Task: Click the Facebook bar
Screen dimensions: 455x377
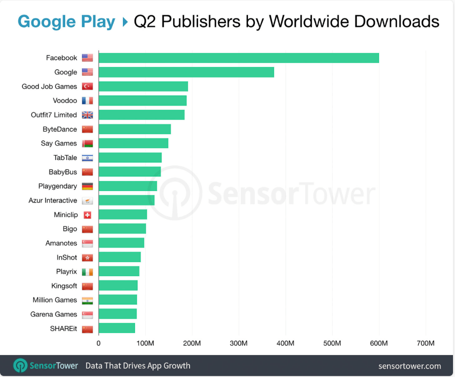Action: click(x=239, y=58)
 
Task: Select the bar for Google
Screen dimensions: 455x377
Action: click(x=186, y=72)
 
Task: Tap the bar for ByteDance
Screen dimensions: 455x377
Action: click(x=135, y=129)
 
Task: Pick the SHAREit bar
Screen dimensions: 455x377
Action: click(x=117, y=328)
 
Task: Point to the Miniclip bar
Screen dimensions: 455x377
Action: click(x=123, y=214)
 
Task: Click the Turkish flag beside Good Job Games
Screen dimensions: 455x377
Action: click(x=87, y=86)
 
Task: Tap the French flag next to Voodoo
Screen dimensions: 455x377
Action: click(x=87, y=100)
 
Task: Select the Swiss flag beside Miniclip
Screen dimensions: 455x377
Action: click(x=87, y=215)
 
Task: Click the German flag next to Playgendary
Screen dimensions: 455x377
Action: click(x=87, y=186)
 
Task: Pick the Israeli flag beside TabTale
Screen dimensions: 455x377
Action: click(x=87, y=157)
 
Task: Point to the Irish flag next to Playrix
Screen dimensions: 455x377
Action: click(x=87, y=271)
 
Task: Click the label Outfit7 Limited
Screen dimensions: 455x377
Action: click(x=54, y=115)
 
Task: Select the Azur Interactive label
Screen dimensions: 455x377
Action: click(x=53, y=200)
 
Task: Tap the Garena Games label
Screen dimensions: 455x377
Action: click(x=53, y=314)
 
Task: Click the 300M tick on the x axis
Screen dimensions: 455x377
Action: click(x=238, y=343)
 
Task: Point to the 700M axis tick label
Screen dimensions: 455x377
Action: click(x=425, y=343)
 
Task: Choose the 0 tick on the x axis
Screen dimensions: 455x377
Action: click(x=98, y=343)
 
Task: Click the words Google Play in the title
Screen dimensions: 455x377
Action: click(x=66, y=22)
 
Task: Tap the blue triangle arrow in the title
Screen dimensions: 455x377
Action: click(x=125, y=22)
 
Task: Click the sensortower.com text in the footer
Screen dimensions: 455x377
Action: click(x=409, y=366)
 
